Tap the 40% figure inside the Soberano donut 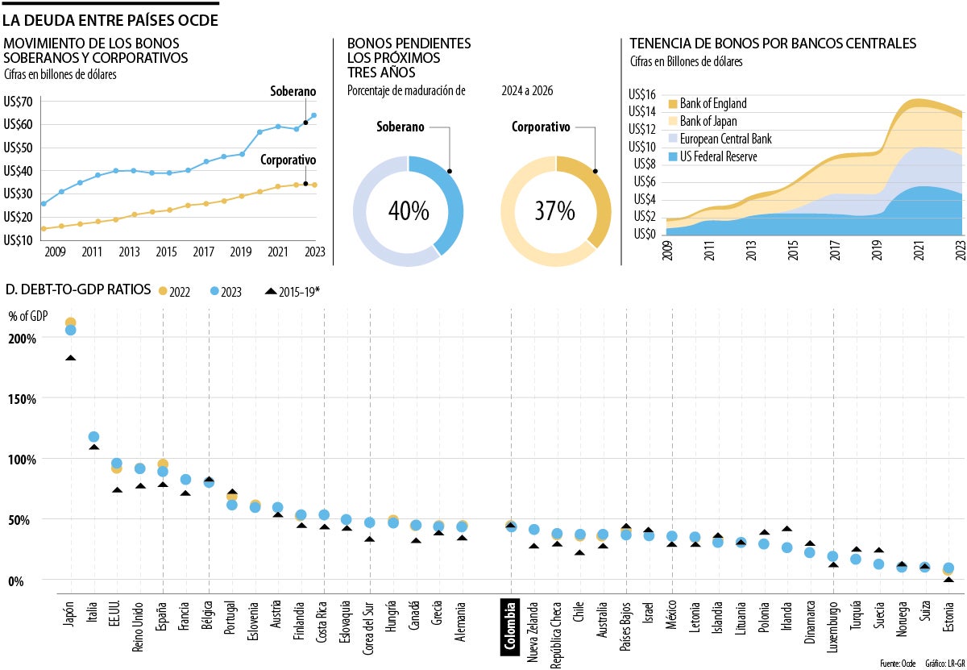tap(409, 211)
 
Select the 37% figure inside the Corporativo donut tap(555, 211)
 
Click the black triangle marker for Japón tap(71, 358)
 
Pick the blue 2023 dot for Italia tap(93, 437)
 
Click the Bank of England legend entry tap(713, 103)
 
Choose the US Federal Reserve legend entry tap(718, 156)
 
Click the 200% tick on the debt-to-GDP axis tap(23, 339)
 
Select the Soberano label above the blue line tap(293, 92)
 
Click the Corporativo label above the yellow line tap(287, 160)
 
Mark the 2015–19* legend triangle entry tap(293, 292)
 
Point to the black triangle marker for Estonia tap(948, 580)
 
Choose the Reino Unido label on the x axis tap(139, 620)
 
